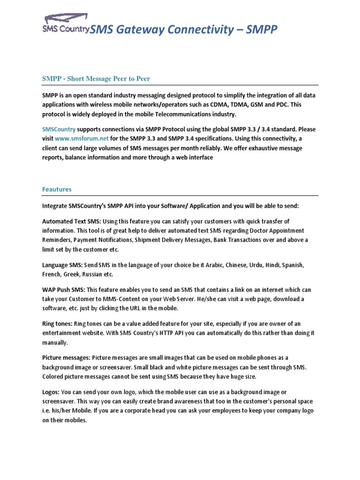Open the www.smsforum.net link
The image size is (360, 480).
pyautogui.click(x=82, y=139)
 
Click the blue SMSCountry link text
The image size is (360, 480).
pyautogui.click(x=58, y=129)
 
